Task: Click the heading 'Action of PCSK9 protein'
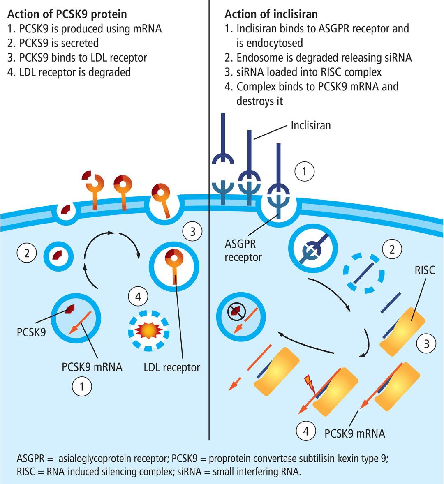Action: tap(67, 14)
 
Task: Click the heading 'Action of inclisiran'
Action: tap(271, 14)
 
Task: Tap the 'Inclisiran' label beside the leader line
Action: tap(310, 125)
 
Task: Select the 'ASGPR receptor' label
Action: tap(243, 250)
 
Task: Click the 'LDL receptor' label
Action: tap(172, 367)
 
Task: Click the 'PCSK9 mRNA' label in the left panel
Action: tap(92, 366)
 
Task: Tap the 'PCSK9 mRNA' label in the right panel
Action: tap(355, 433)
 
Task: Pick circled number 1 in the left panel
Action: tap(82, 387)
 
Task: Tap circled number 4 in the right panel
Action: tap(306, 431)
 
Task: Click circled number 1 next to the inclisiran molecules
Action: tap(304, 171)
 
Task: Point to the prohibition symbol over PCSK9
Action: tap(235, 313)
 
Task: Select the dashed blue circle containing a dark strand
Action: tap(363, 273)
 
